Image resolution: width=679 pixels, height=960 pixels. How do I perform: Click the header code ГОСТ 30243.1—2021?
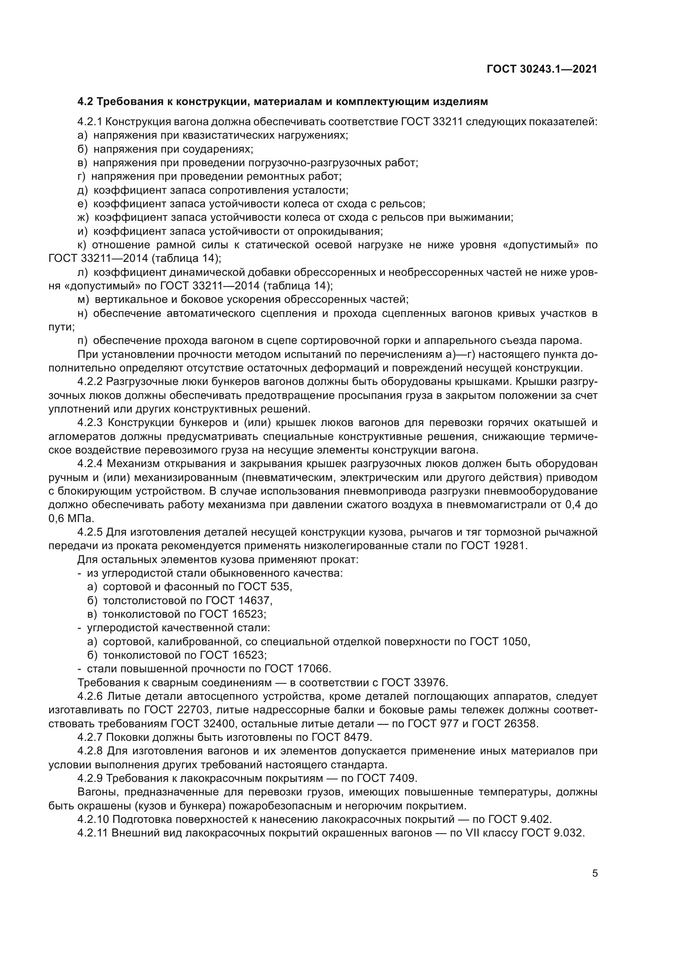[x=542, y=69]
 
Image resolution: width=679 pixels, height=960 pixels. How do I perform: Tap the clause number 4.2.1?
[x=89, y=121]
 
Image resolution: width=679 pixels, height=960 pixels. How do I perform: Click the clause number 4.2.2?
[x=89, y=382]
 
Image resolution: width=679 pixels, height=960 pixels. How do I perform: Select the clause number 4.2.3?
[x=90, y=423]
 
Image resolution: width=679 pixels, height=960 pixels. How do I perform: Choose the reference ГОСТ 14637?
[x=239, y=601]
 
